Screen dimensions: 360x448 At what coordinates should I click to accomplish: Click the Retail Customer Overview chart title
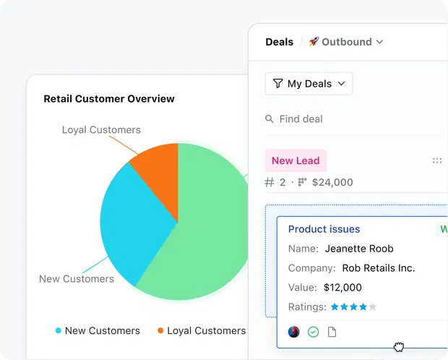[x=109, y=98]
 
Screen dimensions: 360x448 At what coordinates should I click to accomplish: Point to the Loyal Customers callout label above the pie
[x=101, y=130]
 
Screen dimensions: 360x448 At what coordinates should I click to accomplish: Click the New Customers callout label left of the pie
[x=76, y=278]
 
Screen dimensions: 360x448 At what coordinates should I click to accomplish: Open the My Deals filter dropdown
[x=309, y=84]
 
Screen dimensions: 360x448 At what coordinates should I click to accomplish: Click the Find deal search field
[x=301, y=119]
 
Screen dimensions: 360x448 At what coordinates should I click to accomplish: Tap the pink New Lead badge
[x=296, y=160]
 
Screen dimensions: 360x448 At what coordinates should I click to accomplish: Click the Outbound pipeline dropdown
[x=346, y=42]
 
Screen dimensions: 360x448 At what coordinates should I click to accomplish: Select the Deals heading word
[x=279, y=42]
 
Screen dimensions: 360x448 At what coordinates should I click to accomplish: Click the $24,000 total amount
[x=332, y=182]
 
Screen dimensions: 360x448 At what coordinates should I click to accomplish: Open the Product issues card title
[x=324, y=229]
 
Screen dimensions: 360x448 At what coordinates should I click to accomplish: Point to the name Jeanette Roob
[x=359, y=249]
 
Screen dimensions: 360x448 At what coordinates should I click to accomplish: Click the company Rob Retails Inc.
[x=378, y=268]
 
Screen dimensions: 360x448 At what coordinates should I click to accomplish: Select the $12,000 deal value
[x=343, y=288]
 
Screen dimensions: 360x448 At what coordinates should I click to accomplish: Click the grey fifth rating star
[x=373, y=307]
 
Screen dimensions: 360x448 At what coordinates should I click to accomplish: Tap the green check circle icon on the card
[x=313, y=332]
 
